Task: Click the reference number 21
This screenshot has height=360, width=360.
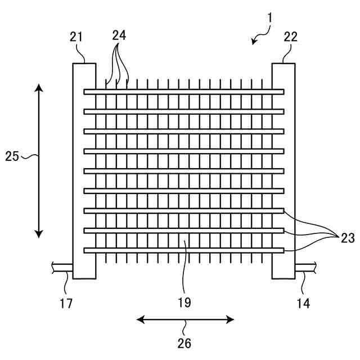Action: click(76, 38)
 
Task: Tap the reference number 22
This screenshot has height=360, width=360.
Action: click(291, 38)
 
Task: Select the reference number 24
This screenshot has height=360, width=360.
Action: click(119, 35)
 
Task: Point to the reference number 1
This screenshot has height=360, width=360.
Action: click(270, 17)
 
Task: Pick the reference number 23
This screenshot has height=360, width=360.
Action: click(347, 238)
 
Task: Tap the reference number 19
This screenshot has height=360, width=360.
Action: click(184, 303)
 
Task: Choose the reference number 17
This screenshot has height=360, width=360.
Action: click(66, 304)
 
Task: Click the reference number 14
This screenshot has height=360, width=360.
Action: click(303, 304)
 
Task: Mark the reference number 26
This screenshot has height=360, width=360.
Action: click(184, 342)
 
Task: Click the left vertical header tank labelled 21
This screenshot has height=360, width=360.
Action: click(84, 169)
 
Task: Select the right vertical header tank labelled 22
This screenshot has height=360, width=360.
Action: click(283, 169)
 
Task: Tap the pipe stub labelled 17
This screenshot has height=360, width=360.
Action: click(61, 267)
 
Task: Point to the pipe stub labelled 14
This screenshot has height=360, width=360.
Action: click(307, 267)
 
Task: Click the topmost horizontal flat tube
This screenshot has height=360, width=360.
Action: click(184, 92)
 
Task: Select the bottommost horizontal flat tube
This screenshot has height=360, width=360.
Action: click(184, 250)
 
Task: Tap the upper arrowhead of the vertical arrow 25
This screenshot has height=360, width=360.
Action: click(38, 87)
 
